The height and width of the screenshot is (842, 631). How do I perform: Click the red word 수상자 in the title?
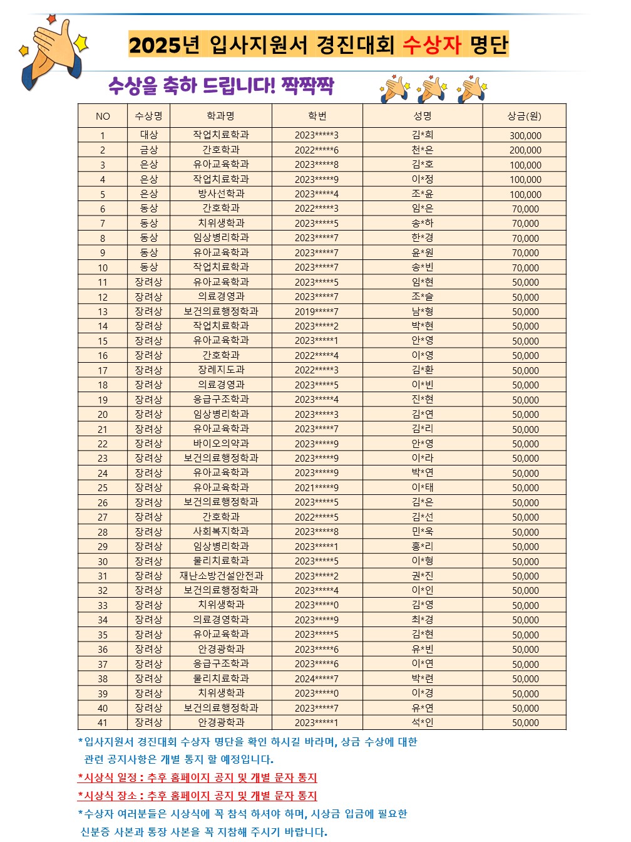(431, 44)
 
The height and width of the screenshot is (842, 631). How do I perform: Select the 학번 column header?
(317, 116)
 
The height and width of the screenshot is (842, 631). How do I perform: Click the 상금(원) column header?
(525, 116)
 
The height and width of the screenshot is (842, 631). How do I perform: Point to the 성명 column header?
(423, 116)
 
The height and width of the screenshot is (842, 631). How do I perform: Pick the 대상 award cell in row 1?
(149, 135)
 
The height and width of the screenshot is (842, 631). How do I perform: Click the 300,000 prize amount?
(525, 135)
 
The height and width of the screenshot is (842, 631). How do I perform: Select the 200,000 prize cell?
(525, 150)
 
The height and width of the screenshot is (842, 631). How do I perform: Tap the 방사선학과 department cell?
(221, 194)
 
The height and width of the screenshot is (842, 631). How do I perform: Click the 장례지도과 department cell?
(221, 370)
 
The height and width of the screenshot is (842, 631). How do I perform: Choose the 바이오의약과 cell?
(221, 444)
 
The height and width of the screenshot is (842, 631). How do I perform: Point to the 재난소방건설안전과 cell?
(221, 576)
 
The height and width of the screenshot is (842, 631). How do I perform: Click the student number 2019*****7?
(317, 311)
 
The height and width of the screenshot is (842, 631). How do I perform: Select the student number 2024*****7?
(317, 678)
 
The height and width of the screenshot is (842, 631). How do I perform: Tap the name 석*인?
(423, 722)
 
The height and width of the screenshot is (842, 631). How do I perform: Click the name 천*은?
(423, 150)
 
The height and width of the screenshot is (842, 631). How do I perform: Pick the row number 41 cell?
(103, 723)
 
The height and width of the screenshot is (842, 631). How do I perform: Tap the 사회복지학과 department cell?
(221, 531)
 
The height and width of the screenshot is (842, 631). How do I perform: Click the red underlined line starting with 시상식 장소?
(198, 796)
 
